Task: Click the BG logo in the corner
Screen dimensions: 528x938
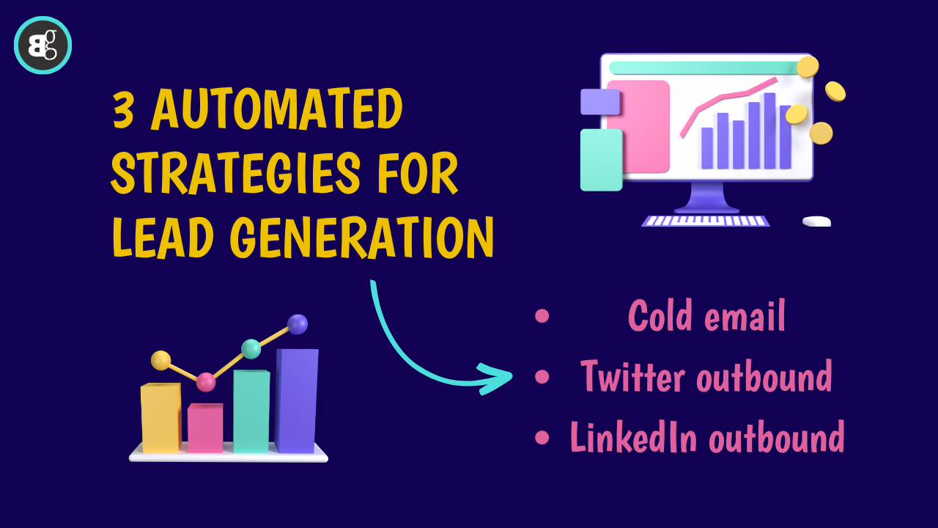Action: (43, 45)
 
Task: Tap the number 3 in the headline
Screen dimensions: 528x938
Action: (125, 109)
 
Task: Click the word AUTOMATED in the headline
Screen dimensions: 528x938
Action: (277, 109)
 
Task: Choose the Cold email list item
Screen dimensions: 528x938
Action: (706, 317)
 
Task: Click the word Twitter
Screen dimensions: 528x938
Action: (632, 376)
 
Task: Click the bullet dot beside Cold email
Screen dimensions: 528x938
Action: (542, 316)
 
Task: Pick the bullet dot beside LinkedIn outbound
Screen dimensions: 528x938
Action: (542, 438)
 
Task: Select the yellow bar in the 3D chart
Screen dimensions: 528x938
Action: (160, 418)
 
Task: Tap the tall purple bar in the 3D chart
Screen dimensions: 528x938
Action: (297, 400)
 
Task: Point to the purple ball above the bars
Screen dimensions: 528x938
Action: (298, 324)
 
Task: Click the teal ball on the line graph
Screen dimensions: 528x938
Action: (251, 349)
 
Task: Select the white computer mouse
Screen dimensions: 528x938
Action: (816, 221)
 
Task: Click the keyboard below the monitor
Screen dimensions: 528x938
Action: (706, 220)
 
